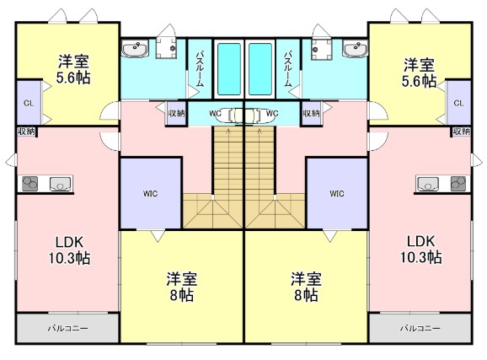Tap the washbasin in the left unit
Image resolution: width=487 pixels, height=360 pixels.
pyautogui.click(x=134, y=51)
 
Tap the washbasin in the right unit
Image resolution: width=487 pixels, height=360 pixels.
pyautogui.click(x=354, y=51)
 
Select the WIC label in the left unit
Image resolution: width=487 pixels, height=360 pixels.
pyautogui.click(x=149, y=193)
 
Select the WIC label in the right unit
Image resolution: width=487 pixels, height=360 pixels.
pyautogui.click(x=337, y=193)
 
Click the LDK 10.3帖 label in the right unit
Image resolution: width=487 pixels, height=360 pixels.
pyautogui.click(x=418, y=250)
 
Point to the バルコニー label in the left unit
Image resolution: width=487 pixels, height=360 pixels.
pyautogui.click(x=67, y=327)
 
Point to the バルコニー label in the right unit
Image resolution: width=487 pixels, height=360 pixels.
pyautogui.click(x=419, y=327)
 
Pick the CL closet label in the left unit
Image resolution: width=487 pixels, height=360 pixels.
pyautogui.click(x=27, y=103)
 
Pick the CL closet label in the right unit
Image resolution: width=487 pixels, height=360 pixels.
pyautogui.click(x=459, y=103)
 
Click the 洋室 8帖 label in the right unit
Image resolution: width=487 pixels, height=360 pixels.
pyautogui.click(x=305, y=287)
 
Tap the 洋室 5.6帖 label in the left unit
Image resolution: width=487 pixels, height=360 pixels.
pyautogui.click(x=74, y=71)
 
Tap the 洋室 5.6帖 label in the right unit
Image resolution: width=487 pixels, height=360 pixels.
pyautogui.click(x=419, y=71)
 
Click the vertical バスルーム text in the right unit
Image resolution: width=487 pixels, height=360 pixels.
pyautogui.click(x=288, y=67)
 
